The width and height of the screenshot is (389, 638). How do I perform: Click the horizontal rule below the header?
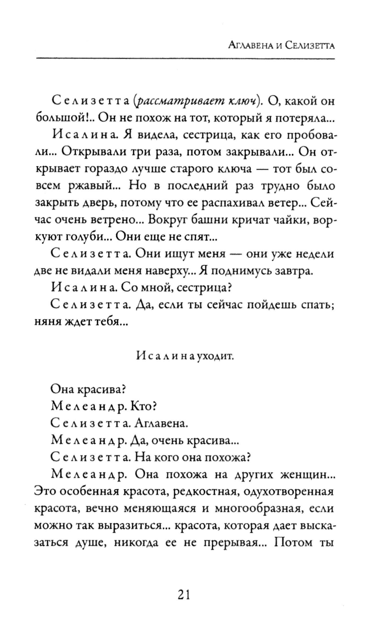[x=185, y=59]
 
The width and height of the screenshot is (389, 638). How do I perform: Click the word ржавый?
[x=93, y=185]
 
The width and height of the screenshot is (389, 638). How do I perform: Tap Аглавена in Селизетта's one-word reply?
[x=161, y=423]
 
